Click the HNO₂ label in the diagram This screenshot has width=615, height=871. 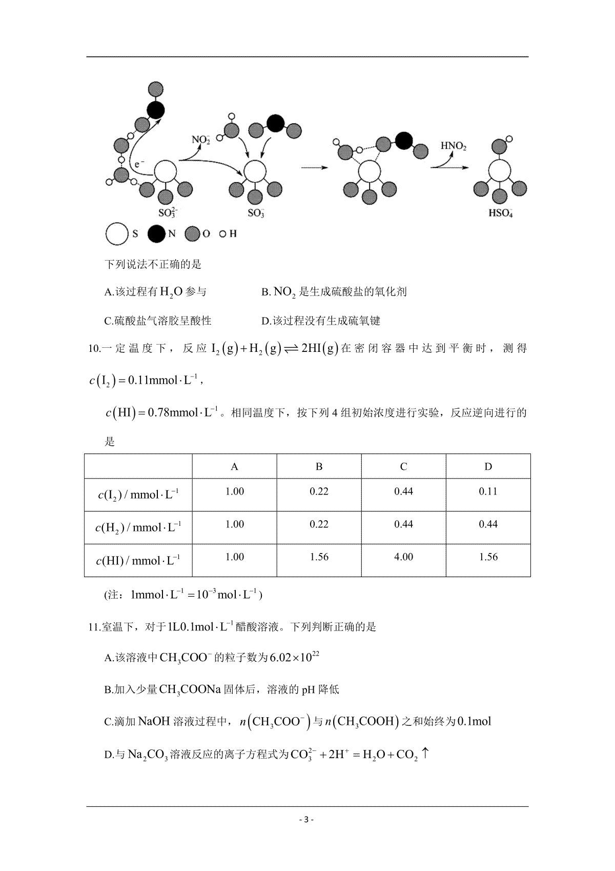(454, 146)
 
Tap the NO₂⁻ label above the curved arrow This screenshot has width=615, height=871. (200, 140)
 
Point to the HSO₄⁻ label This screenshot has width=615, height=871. (501, 213)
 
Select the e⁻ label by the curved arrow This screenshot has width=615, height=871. (139, 164)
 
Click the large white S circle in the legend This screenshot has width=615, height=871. (117, 234)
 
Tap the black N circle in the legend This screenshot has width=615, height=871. (156, 234)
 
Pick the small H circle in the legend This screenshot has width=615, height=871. (223, 234)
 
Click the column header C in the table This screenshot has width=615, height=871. (403, 466)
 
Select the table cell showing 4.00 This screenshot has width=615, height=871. (403, 557)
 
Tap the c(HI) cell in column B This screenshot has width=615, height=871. (319, 557)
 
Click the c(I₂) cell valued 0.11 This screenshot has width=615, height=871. (488, 491)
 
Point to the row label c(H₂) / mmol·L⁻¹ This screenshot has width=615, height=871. (138, 527)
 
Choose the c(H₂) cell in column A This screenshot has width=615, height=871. (235, 524)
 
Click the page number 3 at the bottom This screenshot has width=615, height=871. (306, 819)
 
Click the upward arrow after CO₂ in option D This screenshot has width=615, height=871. (425, 754)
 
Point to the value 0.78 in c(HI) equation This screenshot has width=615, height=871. (158, 412)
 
